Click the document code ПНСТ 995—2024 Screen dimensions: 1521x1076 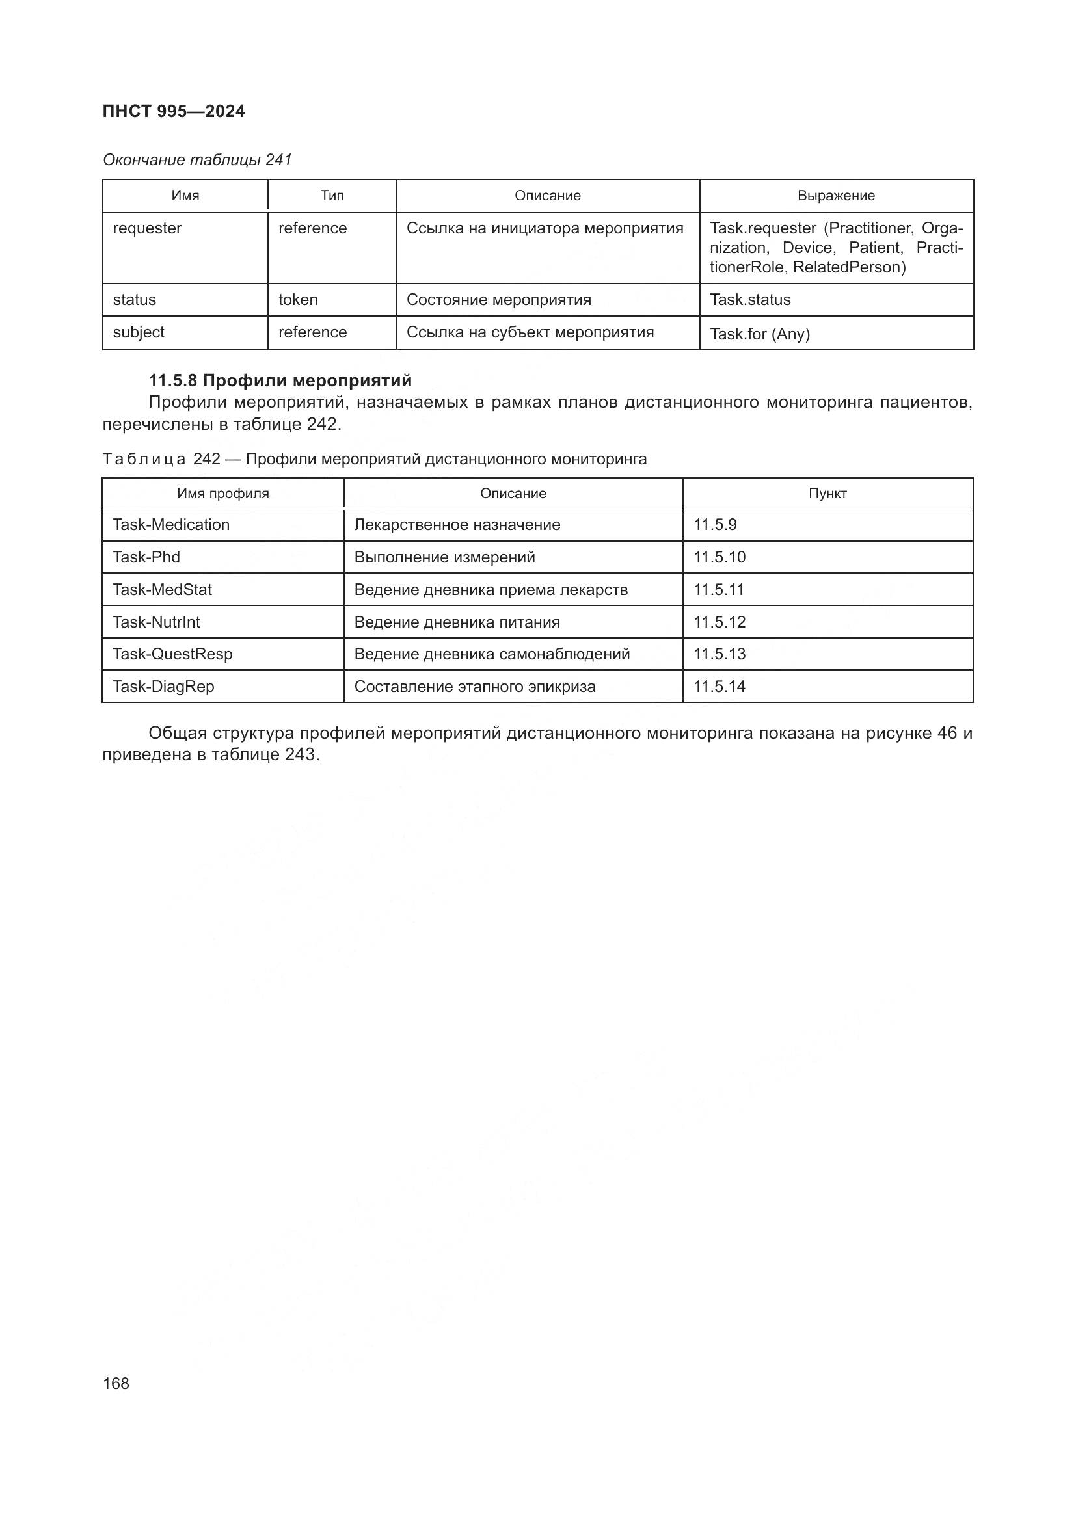(174, 111)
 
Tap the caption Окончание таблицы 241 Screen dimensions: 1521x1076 (196, 160)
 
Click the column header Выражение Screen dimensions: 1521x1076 (835, 196)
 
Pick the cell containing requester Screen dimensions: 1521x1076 (147, 228)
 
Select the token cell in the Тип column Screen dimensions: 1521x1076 (297, 300)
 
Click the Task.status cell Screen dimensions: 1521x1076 (750, 300)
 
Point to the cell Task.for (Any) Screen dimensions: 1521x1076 (759, 334)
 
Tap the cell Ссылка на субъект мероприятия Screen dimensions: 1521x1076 (530, 332)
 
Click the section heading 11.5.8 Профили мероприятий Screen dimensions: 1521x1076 (280, 380)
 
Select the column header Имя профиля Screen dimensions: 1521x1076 (222, 494)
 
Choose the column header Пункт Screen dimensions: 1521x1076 (827, 494)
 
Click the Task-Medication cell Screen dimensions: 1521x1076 (171, 525)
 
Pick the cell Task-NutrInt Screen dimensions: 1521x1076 (156, 622)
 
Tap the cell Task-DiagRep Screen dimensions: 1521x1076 (163, 686)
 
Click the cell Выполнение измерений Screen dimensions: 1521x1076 (444, 557)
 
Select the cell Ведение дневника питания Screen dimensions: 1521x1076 (457, 622)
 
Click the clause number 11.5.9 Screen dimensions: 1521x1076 (715, 525)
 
